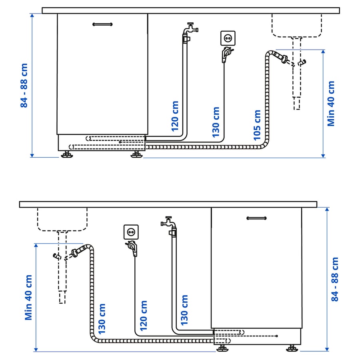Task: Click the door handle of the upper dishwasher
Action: tap(102, 24)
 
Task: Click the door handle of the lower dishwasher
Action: tap(256, 218)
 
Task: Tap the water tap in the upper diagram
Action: tap(190, 29)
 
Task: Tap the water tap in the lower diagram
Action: tap(168, 222)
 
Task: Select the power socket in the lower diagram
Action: tap(130, 232)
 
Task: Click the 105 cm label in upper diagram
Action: tap(257, 125)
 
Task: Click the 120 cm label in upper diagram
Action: tap(175, 116)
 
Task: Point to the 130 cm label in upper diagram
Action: tap(216, 122)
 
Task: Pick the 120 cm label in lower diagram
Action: tap(144, 316)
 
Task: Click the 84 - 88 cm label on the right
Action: tap(335, 279)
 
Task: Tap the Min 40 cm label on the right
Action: tap(331, 104)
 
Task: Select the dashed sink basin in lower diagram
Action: tap(62, 219)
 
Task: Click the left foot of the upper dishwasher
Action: tap(67, 155)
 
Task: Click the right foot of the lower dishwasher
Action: tap(292, 348)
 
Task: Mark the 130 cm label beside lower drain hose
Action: tap(102, 319)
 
